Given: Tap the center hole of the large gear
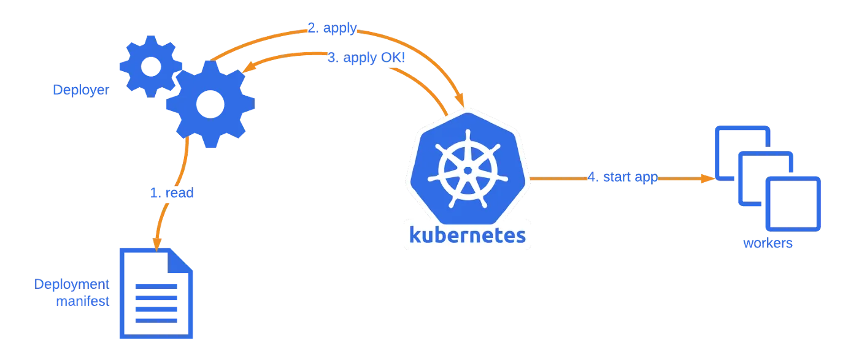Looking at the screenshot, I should [x=210, y=103].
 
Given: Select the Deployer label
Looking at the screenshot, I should [x=80, y=91].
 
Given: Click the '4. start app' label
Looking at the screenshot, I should [x=623, y=178].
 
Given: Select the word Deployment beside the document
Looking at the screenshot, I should [x=72, y=285].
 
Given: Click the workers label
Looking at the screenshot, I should [x=768, y=243].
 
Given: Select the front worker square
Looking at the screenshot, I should [x=795, y=204].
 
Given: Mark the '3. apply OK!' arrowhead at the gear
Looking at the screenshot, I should [x=247, y=69].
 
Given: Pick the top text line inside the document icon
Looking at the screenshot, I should [x=156, y=286].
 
